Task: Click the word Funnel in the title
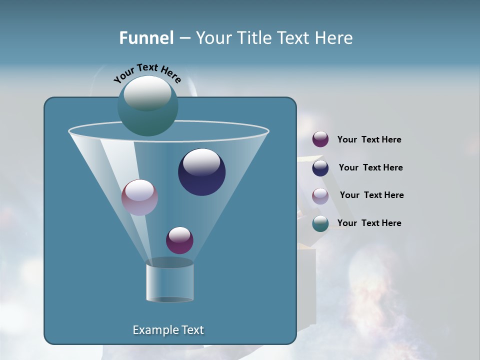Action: [x=146, y=38]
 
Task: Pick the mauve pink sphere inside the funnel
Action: [x=139, y=198]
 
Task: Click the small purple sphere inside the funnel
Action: [x=179, y=240]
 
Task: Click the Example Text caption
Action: [x=168, y=330]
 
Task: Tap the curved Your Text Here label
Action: [x=147, y=72]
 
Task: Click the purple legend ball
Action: [x=320, y=139]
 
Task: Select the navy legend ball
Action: [x=320, y=168]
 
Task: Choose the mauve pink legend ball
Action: [x=320, y=195]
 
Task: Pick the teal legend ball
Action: [x=320, y=223]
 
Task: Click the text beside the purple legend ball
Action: [x=369, y=140]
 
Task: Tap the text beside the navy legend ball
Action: [x=370, y=168]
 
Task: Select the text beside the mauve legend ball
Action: [x=371, y=195]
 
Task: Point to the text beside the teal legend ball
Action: [x=369, y=223]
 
